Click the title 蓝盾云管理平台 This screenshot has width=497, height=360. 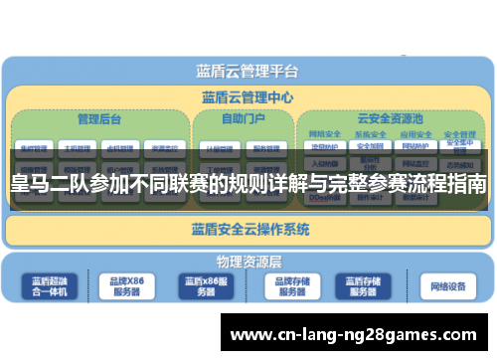tap(247, 72)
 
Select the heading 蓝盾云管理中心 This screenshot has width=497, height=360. tap(247, 97)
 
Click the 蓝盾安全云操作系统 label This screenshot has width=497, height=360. tap(249, 230)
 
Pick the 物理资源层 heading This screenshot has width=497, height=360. tap(249, 262)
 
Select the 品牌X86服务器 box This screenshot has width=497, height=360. tap(126, 286)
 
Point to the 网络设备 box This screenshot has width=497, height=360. tap(448, 286)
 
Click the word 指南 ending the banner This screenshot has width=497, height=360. tap(466, 184)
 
